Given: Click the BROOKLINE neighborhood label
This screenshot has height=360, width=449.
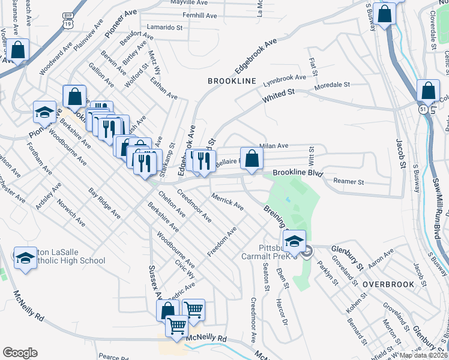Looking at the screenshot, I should coord(232,81).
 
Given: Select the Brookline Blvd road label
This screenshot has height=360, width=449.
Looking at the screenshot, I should coord(298,173).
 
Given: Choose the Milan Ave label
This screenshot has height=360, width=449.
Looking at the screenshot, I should coord(274,145).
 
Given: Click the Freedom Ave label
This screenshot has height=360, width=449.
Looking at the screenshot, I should coord(221,239).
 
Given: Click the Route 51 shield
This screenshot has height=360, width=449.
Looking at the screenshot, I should coord(423,109).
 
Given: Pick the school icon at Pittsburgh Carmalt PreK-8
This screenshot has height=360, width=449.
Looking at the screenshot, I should coord(294,242).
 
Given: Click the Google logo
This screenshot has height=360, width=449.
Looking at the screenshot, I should coord(20,353).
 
